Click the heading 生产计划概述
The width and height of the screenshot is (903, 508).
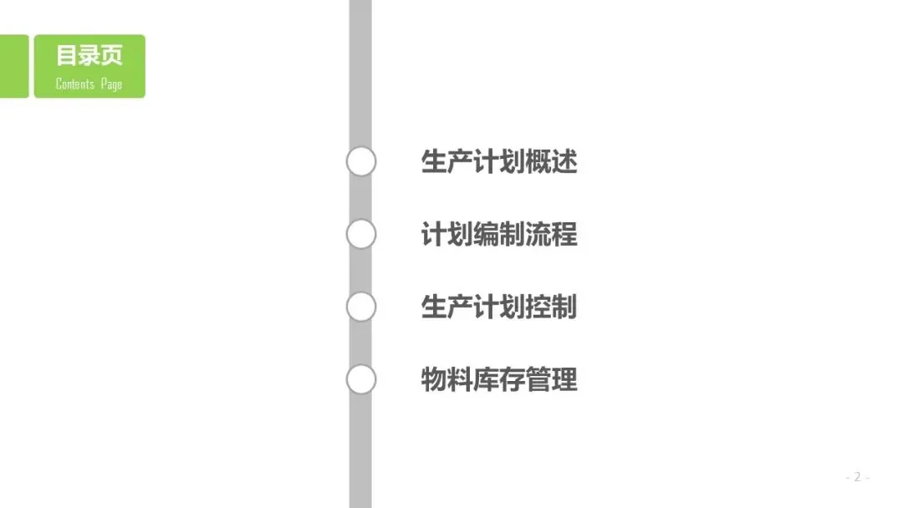point(499,162)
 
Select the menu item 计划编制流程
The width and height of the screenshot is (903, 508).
point(499,235)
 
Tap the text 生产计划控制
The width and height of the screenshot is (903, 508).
point(499,307)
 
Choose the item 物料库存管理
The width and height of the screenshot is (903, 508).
point(499,380)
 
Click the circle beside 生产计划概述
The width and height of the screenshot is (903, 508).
point(361,162)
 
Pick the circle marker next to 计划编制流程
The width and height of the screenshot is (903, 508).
point(361,235)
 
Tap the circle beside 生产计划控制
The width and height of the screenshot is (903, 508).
point(361,307)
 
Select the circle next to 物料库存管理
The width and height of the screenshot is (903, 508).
point(361,380)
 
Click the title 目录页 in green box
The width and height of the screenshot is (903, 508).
point(89,56)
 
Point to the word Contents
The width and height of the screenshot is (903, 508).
point(74,84)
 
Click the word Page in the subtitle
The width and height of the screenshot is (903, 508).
point(111,84)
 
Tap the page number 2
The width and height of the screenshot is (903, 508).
point(857,477)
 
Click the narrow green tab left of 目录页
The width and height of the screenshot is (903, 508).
point(13,66)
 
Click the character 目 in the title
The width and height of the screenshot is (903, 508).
point(67,56)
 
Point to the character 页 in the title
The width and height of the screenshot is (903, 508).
point(112,56)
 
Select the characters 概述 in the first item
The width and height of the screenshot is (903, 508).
point(552,162)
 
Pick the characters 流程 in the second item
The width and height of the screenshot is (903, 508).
point(552,235)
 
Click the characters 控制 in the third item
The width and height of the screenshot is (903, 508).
point(552,307)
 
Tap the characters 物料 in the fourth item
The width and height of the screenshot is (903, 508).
point(446,380)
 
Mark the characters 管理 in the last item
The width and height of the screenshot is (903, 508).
point(552,380)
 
